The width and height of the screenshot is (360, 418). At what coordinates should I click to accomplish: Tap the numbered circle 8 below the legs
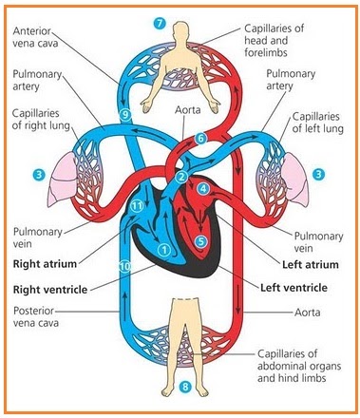coord(186,388)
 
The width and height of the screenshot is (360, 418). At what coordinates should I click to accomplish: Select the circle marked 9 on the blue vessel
coord(124,115)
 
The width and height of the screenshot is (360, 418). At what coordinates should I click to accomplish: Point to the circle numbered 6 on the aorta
coord(200,139)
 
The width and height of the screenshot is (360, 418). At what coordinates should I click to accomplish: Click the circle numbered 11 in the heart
coord(137,206)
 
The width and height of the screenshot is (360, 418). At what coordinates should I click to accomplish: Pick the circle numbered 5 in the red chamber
coord(200,241)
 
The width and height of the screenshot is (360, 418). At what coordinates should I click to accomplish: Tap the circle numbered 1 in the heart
coord(163,250)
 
